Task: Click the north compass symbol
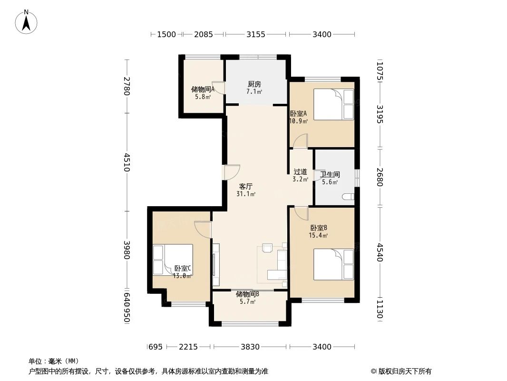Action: [x=27, y=21]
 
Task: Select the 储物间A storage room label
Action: [x=202, y=92]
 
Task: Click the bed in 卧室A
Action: [x=333, y=104]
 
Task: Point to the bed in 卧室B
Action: [x=333, y=265]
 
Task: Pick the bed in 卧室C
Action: [x=172, y=260]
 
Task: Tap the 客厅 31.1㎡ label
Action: [x=246, y=190]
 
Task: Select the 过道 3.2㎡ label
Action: [x=300, y=175]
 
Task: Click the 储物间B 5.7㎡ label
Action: [x=247, y=297]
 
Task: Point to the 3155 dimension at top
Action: [x=255, y=34]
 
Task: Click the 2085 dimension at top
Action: [x=203, y=34]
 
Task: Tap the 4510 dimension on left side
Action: [x=127, y=162]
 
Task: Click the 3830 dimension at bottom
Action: [x=250, y=347]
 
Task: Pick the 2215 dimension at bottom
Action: [x=188, y=347]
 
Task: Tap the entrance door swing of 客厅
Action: [x=232, y=171]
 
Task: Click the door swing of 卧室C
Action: [x=203, y=229]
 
